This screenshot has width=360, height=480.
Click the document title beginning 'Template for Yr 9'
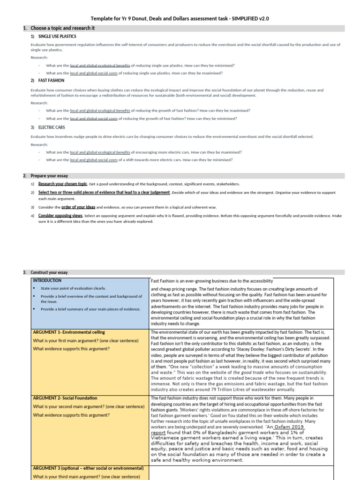pos(180,18)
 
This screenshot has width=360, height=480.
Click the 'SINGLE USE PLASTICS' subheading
pos(57,36)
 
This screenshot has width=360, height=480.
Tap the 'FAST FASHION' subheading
pos(51,81)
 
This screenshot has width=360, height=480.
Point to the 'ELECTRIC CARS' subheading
pos(52,127)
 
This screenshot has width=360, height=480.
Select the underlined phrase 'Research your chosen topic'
pos(63,184)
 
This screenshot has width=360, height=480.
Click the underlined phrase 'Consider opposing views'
pos(60,216)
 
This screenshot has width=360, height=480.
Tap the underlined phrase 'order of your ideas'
pos(78,207)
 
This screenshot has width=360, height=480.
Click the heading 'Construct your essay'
pos(49,272)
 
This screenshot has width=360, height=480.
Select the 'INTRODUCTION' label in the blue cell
pos(47,280)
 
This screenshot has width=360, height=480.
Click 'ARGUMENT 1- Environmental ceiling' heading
pos(65,332)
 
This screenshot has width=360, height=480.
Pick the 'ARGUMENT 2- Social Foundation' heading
pos(65,398)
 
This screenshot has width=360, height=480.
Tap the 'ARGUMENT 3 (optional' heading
pos(88,468)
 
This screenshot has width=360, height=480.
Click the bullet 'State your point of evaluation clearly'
pos(74,288)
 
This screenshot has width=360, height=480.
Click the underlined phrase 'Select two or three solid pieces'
pos(104,192)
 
